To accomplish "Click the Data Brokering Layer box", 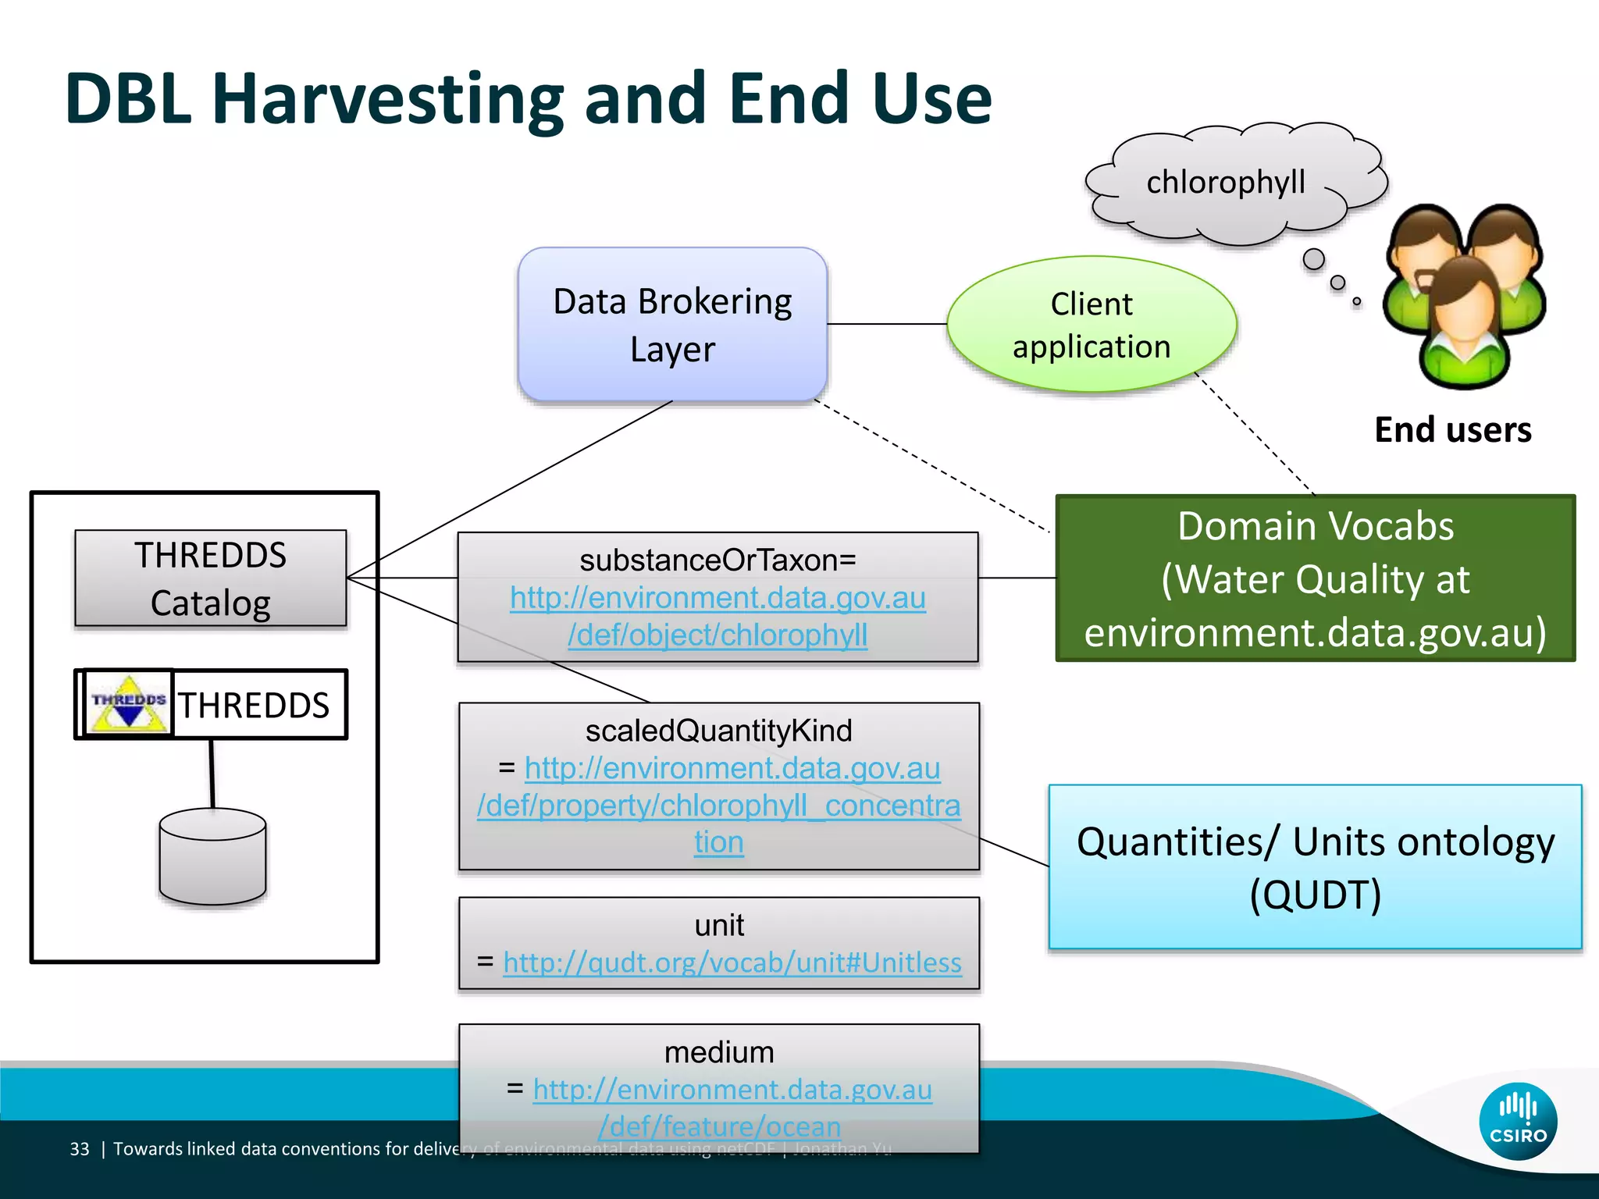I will click(x=672, y=325).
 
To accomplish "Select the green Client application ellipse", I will click(x=1091, y=325).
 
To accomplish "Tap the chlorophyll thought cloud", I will click(x=1225, y=183).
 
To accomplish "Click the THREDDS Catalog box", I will click(x=210, y=578).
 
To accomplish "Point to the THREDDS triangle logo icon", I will click(x=129, y=703).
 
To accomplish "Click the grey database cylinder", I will click(x=212, y=857).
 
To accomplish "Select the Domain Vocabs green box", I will click(x=1315, y=578).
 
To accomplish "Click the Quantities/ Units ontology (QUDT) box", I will click(x=1315, y=867).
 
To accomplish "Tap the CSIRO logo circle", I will click(x=1517, y=1121).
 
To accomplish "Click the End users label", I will click(x=1452, y=430).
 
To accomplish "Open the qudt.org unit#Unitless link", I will click(x=732, y=962).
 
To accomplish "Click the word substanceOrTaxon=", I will click(x=718, y=560).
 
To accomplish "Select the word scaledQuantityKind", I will click(x=718, y=731).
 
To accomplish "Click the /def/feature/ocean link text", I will click(x=719, y=1126).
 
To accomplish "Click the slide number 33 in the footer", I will click(x=80, y=1149).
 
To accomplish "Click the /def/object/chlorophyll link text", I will click(x=718, y=635).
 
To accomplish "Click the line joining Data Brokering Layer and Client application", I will click(x=887, y=324).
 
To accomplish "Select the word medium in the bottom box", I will click(x=718, y=1052).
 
